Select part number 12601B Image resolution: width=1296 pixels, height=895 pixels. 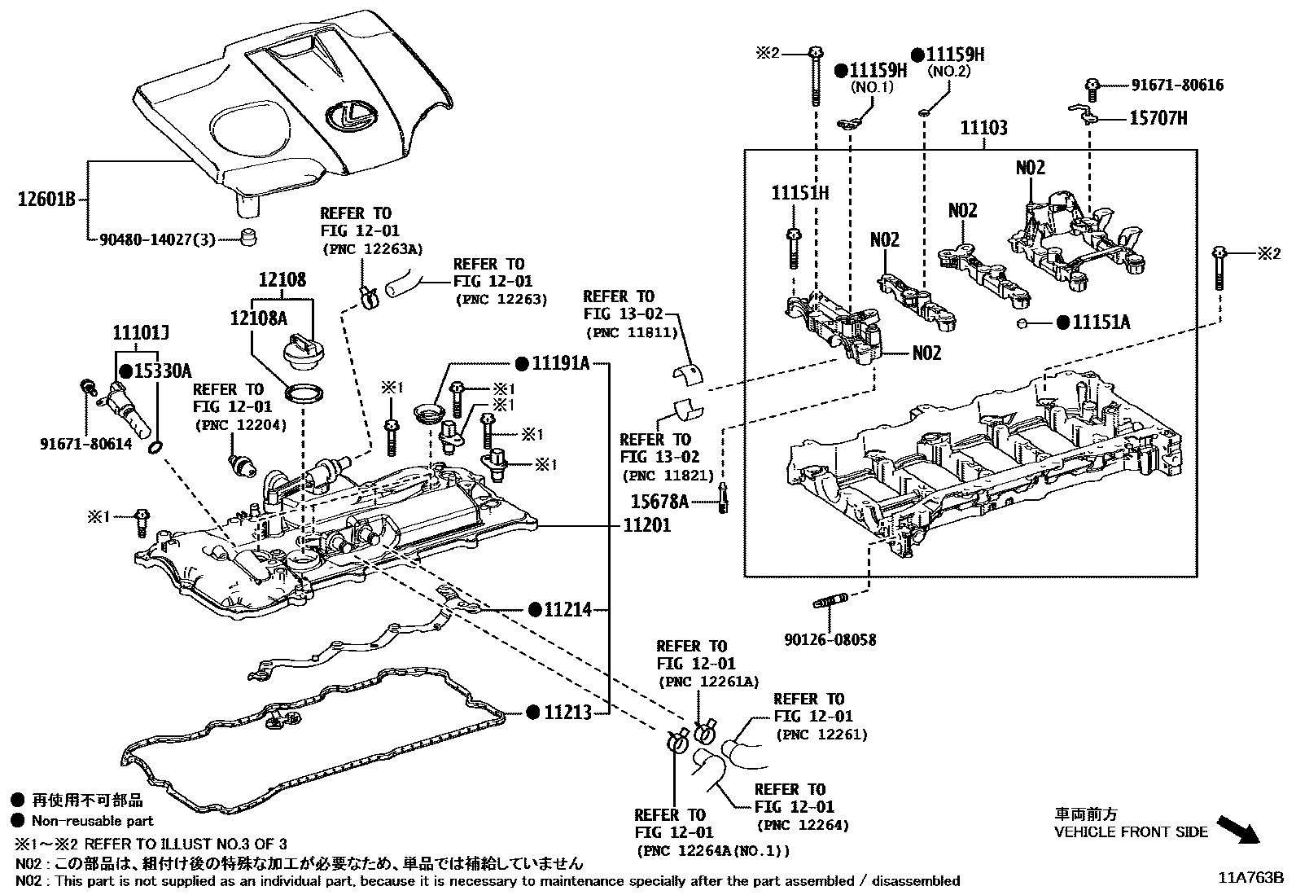(46, 199)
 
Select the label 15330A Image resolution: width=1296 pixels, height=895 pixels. (162, 371)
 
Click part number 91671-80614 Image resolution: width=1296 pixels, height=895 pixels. (85, 445)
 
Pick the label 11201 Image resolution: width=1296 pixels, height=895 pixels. (647, 526)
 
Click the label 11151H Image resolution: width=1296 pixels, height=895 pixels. (799, 193)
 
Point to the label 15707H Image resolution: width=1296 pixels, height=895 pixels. (1158, 118)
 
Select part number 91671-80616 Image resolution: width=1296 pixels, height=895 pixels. (1177, 85)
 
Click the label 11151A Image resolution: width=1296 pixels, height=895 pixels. (1101, 322)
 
